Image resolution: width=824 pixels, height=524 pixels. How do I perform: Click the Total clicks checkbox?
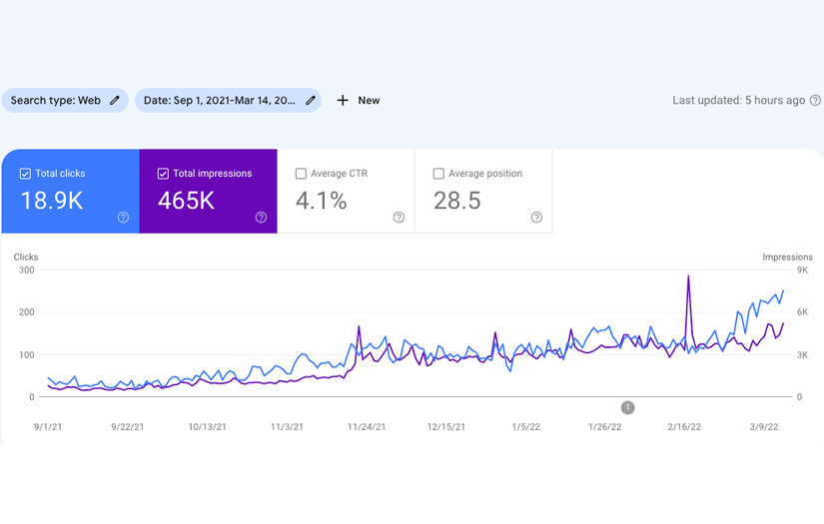click(25, 174)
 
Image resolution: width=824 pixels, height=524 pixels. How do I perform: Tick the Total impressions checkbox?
click(163, 174)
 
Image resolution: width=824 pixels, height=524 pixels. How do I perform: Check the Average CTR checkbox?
click(301, 174)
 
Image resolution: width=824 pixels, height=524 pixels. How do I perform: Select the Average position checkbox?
click(438, 174)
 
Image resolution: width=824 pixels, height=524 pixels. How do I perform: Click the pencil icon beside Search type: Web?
click(115, 101)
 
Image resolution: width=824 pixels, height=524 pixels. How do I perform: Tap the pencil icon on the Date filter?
click(311, 101)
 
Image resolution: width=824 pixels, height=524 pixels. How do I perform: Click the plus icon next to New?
click(343, 101)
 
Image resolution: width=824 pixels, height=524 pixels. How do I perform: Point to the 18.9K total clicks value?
click(51, 201)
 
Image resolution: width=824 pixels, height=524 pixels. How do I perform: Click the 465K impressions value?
click(186, 201)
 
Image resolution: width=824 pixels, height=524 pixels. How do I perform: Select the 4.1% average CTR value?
click(321, 201)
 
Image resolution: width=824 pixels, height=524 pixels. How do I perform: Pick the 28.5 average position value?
click(456, 201)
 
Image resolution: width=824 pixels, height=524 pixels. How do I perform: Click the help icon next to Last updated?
click(815, 101)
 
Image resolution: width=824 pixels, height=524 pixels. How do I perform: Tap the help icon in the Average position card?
click(536, 218)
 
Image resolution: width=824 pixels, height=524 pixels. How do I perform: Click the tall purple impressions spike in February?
click(688, 278)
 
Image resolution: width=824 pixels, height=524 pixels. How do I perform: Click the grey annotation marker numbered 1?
click(627, 407)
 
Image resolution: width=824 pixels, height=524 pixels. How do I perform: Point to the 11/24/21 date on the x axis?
click(367, 427)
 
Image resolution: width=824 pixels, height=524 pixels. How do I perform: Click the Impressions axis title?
click(787, 258)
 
